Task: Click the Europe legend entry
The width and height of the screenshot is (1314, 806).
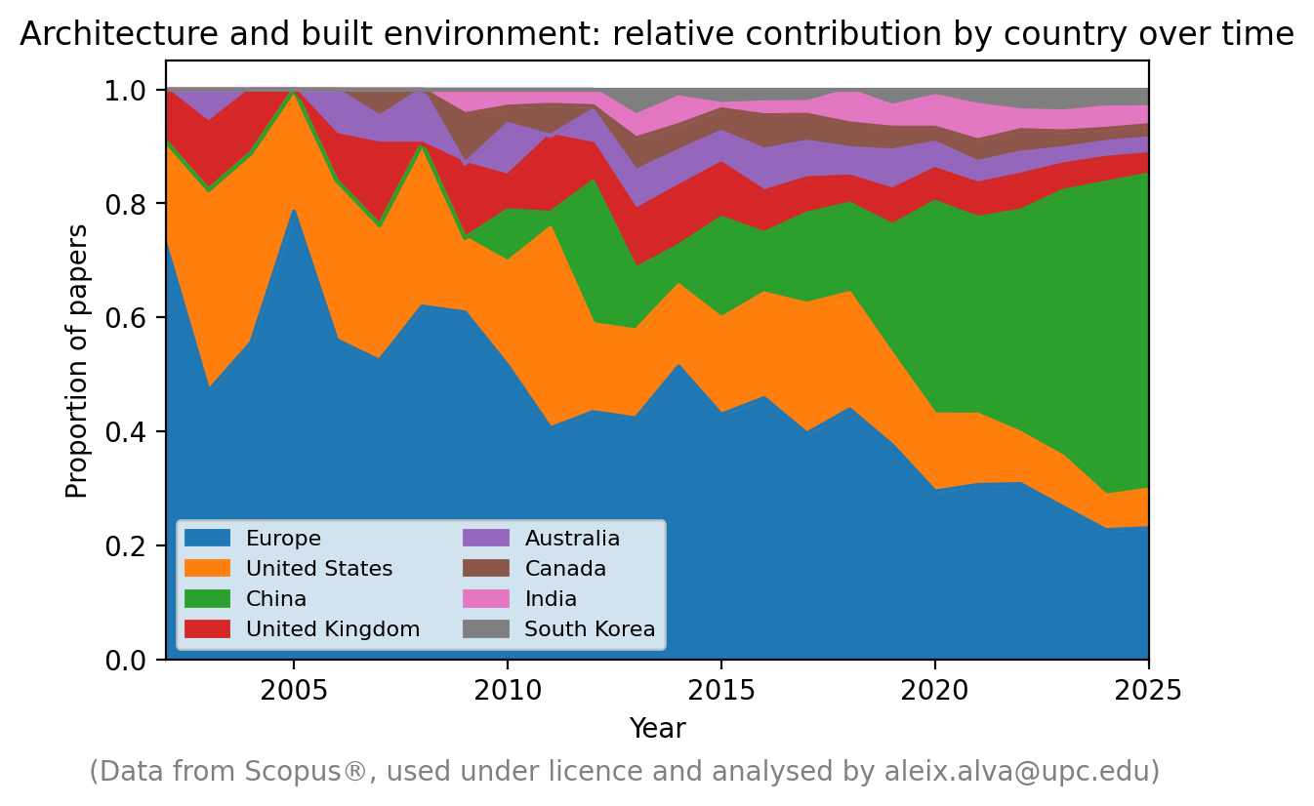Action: coord(283,539)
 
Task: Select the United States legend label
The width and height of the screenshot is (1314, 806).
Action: coord(318,569)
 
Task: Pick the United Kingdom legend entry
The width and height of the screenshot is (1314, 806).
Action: coord(332,629)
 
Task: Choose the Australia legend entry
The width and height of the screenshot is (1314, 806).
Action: coord(572,539)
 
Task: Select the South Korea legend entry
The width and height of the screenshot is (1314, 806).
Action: coord(590,629)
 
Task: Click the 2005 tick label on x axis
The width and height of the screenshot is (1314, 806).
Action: coord(292,691)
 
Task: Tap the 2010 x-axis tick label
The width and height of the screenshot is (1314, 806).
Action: coord(507,691)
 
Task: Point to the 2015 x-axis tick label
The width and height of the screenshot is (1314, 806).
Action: coord(720,691)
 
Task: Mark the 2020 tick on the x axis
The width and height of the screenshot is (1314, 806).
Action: coord(935,691)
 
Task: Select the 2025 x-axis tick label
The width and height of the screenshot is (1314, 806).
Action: coord(1148,691)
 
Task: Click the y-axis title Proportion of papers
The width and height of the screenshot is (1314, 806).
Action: coord(77,361)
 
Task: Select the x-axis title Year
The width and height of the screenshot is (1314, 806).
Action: coord(657,729)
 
